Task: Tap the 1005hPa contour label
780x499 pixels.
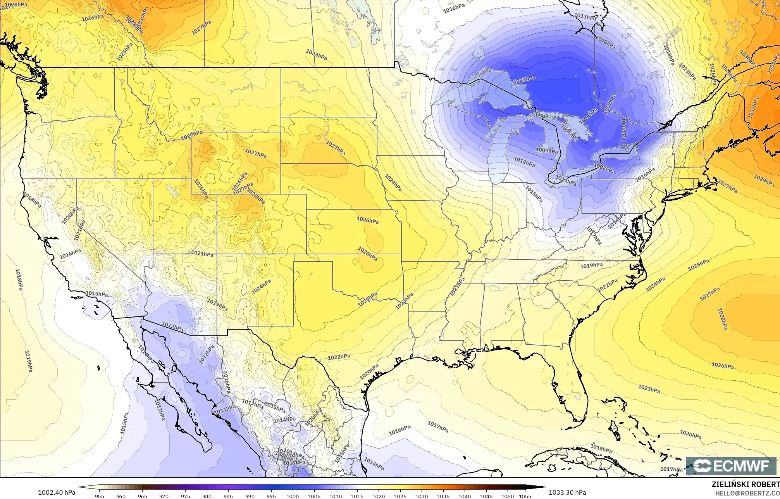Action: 540,116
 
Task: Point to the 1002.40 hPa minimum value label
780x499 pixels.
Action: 57,489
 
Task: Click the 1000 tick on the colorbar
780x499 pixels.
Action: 293,496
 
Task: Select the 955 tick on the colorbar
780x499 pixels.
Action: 100,496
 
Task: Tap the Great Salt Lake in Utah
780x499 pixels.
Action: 169,189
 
